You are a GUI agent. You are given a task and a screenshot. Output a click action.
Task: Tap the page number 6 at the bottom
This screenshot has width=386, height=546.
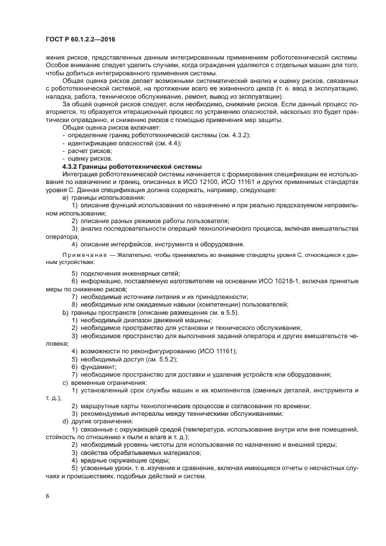pyautogui.click(x=48, y=496)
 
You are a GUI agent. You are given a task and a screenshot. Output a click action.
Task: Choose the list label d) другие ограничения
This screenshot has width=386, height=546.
pyautogui.click(x=94, y=421)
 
